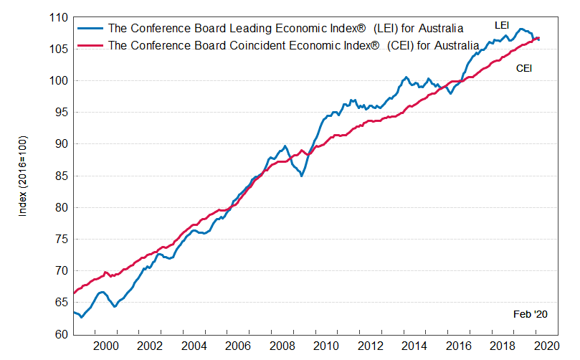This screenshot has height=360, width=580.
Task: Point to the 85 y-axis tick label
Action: pyautogui.click(x=61, y=176)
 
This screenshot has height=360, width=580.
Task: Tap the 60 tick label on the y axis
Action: pyautogui.click(x=61, y=334)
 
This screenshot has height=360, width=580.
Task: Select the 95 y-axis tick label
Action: pyautogui.click(x=61, y=113)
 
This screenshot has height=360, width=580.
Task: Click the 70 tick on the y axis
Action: pyautogui.click(x=61, y=271)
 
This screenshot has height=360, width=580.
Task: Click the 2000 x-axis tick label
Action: pyautogui.click(x=106, y=346)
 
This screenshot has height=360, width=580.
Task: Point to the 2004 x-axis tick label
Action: pyautogui.click(x=194, y=346)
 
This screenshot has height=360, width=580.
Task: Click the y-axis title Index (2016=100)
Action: pyautogui.click(x=23, y=176)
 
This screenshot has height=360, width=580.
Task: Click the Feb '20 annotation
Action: pyautogui.click(x=530, y=315)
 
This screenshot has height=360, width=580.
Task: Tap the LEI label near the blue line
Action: pyautogui.click(x=502, y=26)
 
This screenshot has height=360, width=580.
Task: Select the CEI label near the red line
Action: pyautogui.click(x=524, y=69)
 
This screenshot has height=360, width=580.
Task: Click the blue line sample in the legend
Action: pyautogui.click(x=90, y=29)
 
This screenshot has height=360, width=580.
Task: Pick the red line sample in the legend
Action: pyautogui.click(x=90, y=44)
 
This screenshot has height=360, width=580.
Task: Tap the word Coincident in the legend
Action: pyautogui.click(x=234, y=44)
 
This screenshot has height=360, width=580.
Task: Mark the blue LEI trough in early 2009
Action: pyautogui.click(x=301, y=176)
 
